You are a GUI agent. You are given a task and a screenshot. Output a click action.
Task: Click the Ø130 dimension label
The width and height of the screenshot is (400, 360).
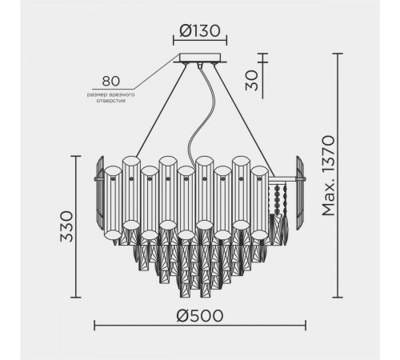(200, 31)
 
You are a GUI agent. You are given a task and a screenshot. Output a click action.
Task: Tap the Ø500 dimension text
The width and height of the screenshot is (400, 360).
(200, 314)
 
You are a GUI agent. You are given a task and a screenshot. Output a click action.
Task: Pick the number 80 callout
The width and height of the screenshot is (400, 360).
(111, 82)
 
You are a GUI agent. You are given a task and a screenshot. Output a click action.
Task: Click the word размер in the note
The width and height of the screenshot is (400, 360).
(100, 94)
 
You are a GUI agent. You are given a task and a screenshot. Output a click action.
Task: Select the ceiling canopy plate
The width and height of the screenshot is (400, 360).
(200, 58)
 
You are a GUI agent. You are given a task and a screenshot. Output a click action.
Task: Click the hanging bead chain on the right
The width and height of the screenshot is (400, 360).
(279, 200)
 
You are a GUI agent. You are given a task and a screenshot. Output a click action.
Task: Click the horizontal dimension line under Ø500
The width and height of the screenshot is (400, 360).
(200, 326)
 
